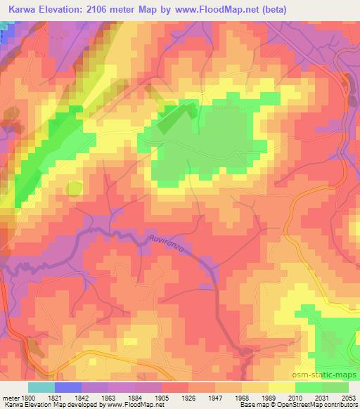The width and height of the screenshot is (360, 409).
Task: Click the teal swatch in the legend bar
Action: [x=41, y=387]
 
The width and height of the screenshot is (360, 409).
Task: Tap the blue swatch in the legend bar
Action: [x=67, y=387]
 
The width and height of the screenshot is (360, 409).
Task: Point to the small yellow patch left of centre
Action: [x=74, y=188]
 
